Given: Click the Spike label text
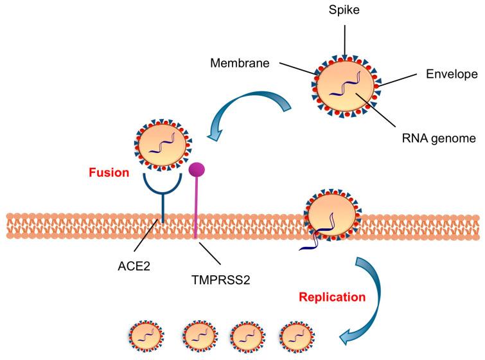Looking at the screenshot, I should (x=345, y=12).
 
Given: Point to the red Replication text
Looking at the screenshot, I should (x=296, y=298).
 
